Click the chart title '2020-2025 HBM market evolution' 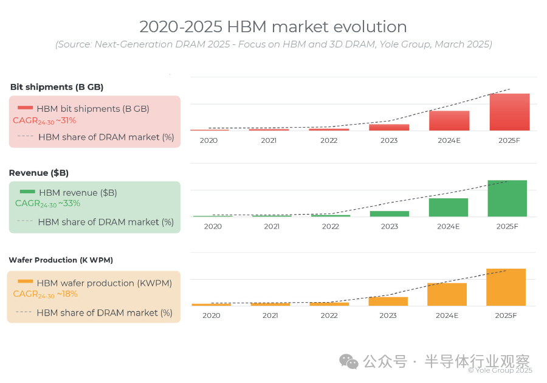pos(273,27)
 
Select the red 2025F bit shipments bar pos(509,112)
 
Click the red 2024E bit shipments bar pos(449,120)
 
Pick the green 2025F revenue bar pos(507,198)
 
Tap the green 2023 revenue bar pos(390,213)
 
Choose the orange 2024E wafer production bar pos(447,294)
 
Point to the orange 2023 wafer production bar pos(388,301)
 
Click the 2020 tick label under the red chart pos(209,140)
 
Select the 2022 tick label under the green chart pos(331,227)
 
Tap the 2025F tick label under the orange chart pos(506,316)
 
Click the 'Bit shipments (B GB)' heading pos(57,87)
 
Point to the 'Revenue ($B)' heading pos(38,173)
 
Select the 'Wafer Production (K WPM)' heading pos(61,260)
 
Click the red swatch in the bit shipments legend pos(25,108)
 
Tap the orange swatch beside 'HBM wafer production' pos(25,281)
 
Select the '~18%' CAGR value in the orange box pos(67,294)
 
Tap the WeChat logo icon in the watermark pos(349,362)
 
